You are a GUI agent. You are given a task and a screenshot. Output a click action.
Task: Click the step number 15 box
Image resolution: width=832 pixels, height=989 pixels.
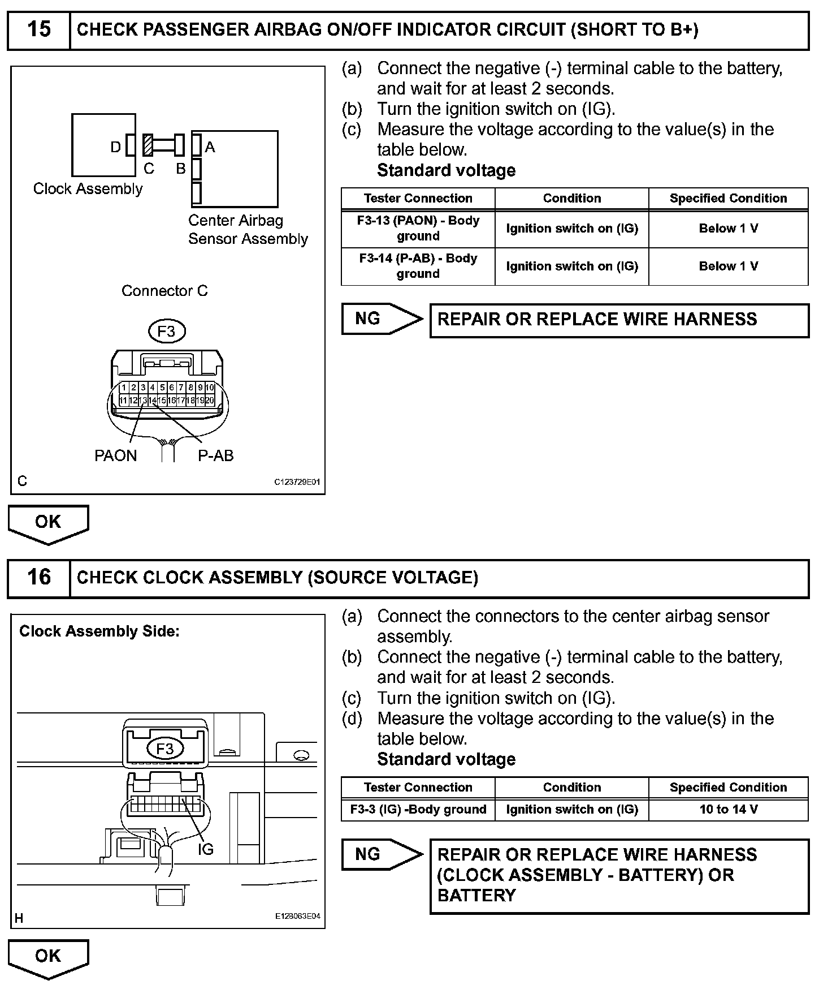pos(38,29)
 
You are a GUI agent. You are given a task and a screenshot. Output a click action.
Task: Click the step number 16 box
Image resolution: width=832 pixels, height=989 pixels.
pos(38,578)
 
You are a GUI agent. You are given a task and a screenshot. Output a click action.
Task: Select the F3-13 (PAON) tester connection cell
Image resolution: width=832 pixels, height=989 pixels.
pos(418,229)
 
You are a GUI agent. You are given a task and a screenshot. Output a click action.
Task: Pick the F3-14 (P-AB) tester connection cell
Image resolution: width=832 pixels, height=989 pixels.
pos(418,266)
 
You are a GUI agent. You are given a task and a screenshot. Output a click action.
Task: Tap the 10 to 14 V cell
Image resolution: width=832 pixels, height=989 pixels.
pos(728,810)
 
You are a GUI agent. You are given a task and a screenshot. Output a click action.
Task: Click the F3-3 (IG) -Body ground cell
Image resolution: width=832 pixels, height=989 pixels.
pos(418,810)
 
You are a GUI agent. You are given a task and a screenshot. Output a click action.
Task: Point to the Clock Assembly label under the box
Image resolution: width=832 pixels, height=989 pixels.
pos(88,189)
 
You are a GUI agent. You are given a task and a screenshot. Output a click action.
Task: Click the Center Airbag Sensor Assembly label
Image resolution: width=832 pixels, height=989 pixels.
pos(248,230)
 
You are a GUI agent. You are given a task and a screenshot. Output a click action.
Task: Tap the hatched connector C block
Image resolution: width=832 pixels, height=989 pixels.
pos(148,145)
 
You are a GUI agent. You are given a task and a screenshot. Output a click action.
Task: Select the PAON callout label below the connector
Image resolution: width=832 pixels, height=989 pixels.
pos(115,456)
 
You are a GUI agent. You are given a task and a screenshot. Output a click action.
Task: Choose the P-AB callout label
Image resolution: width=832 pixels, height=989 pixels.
pos(215,456)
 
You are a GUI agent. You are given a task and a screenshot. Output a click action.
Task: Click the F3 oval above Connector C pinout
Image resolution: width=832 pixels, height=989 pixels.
pos(167,332)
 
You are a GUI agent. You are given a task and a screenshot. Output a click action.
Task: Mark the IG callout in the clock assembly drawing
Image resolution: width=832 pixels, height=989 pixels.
pos(206,849)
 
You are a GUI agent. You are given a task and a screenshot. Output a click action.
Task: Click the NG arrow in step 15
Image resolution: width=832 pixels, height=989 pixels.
pos(382,319)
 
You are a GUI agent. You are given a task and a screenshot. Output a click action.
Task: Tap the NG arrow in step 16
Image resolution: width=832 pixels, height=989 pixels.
pos(382,854)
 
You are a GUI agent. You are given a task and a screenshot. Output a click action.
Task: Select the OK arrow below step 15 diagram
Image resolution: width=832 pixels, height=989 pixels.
pos(48,523)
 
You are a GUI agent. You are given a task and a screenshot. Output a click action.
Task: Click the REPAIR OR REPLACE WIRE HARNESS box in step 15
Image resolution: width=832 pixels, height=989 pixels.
pos(619,320)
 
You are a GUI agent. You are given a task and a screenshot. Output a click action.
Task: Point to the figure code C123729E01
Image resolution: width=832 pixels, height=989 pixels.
pos(297,483)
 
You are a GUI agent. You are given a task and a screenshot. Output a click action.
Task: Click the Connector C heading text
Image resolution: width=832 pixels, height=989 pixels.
pos(164,291)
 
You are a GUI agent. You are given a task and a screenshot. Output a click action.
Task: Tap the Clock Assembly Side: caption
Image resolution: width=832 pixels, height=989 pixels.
pos(99,631)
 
